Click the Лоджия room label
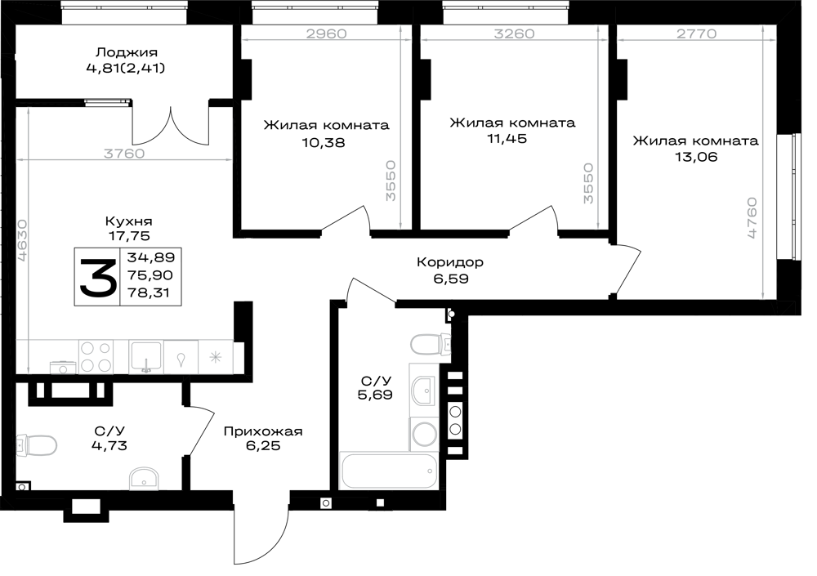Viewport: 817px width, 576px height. click(x=126, y=52)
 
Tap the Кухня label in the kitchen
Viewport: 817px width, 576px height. click(x=129, y=221)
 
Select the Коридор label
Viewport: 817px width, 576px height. click(x=449, y=261)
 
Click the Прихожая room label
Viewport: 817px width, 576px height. click(x=262, y=431)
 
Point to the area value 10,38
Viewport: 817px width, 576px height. click(x=323, y=142)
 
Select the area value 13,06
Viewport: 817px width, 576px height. click(x=696, y=156)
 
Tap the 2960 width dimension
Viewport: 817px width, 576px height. click(x=326, y=33)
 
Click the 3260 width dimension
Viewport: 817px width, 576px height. click(x=514, y=33)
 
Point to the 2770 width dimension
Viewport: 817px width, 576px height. click(x=697, y=33)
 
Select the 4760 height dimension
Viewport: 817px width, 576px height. click(x=752, y=218)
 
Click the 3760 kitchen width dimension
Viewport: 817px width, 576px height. click(x=124, y=154)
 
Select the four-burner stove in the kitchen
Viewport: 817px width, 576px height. click(x=96, y=357)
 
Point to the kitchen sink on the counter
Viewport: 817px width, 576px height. click(x=146, y=357)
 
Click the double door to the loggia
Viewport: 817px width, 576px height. click(x=171, y=126)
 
